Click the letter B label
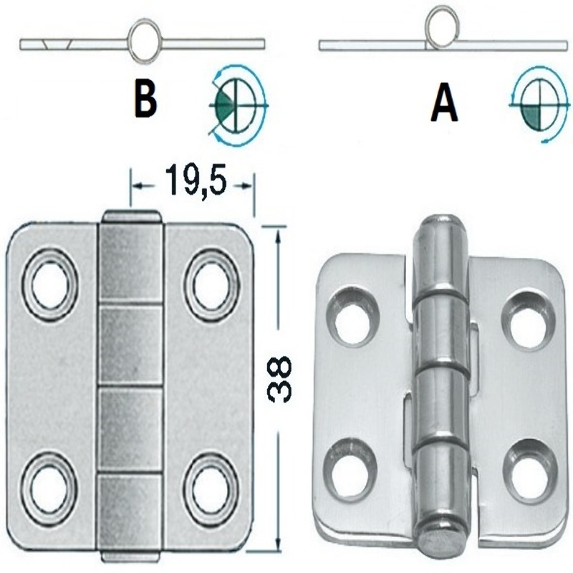(145, 101)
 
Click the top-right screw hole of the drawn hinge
(210, 283)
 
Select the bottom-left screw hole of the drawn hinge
(47, 485)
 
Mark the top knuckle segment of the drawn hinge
(131, 262)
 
